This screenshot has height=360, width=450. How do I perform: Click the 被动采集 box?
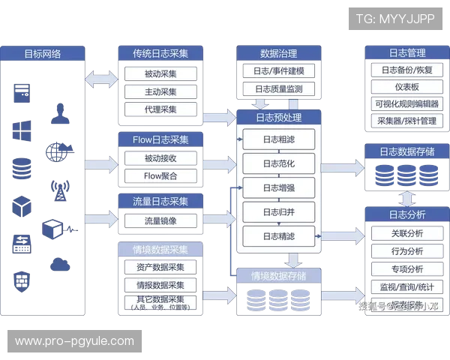[160, 74]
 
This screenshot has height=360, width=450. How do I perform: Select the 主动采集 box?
[160, 92]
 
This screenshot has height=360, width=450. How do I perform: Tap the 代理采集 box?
[160, 110]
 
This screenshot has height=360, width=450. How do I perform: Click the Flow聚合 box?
[160, 176]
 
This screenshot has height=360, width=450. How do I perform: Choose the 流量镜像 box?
[160, 220]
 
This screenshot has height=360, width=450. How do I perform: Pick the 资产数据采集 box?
[160, 267]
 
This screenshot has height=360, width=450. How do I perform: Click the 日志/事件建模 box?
[278, 71]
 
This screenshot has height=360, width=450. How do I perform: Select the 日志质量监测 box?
[278, 89]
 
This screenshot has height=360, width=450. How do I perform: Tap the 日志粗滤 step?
[278, 139]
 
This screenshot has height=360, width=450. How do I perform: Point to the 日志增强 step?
[278, 187]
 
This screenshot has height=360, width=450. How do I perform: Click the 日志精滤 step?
[278, 236]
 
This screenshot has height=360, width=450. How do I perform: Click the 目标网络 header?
[43, 53]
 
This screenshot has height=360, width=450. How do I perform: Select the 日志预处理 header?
[278, 117]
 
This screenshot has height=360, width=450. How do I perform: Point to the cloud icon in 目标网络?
[58, 263]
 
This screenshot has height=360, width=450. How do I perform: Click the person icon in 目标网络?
[58, 115]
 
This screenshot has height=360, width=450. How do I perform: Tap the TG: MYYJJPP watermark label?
[395, 19]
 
